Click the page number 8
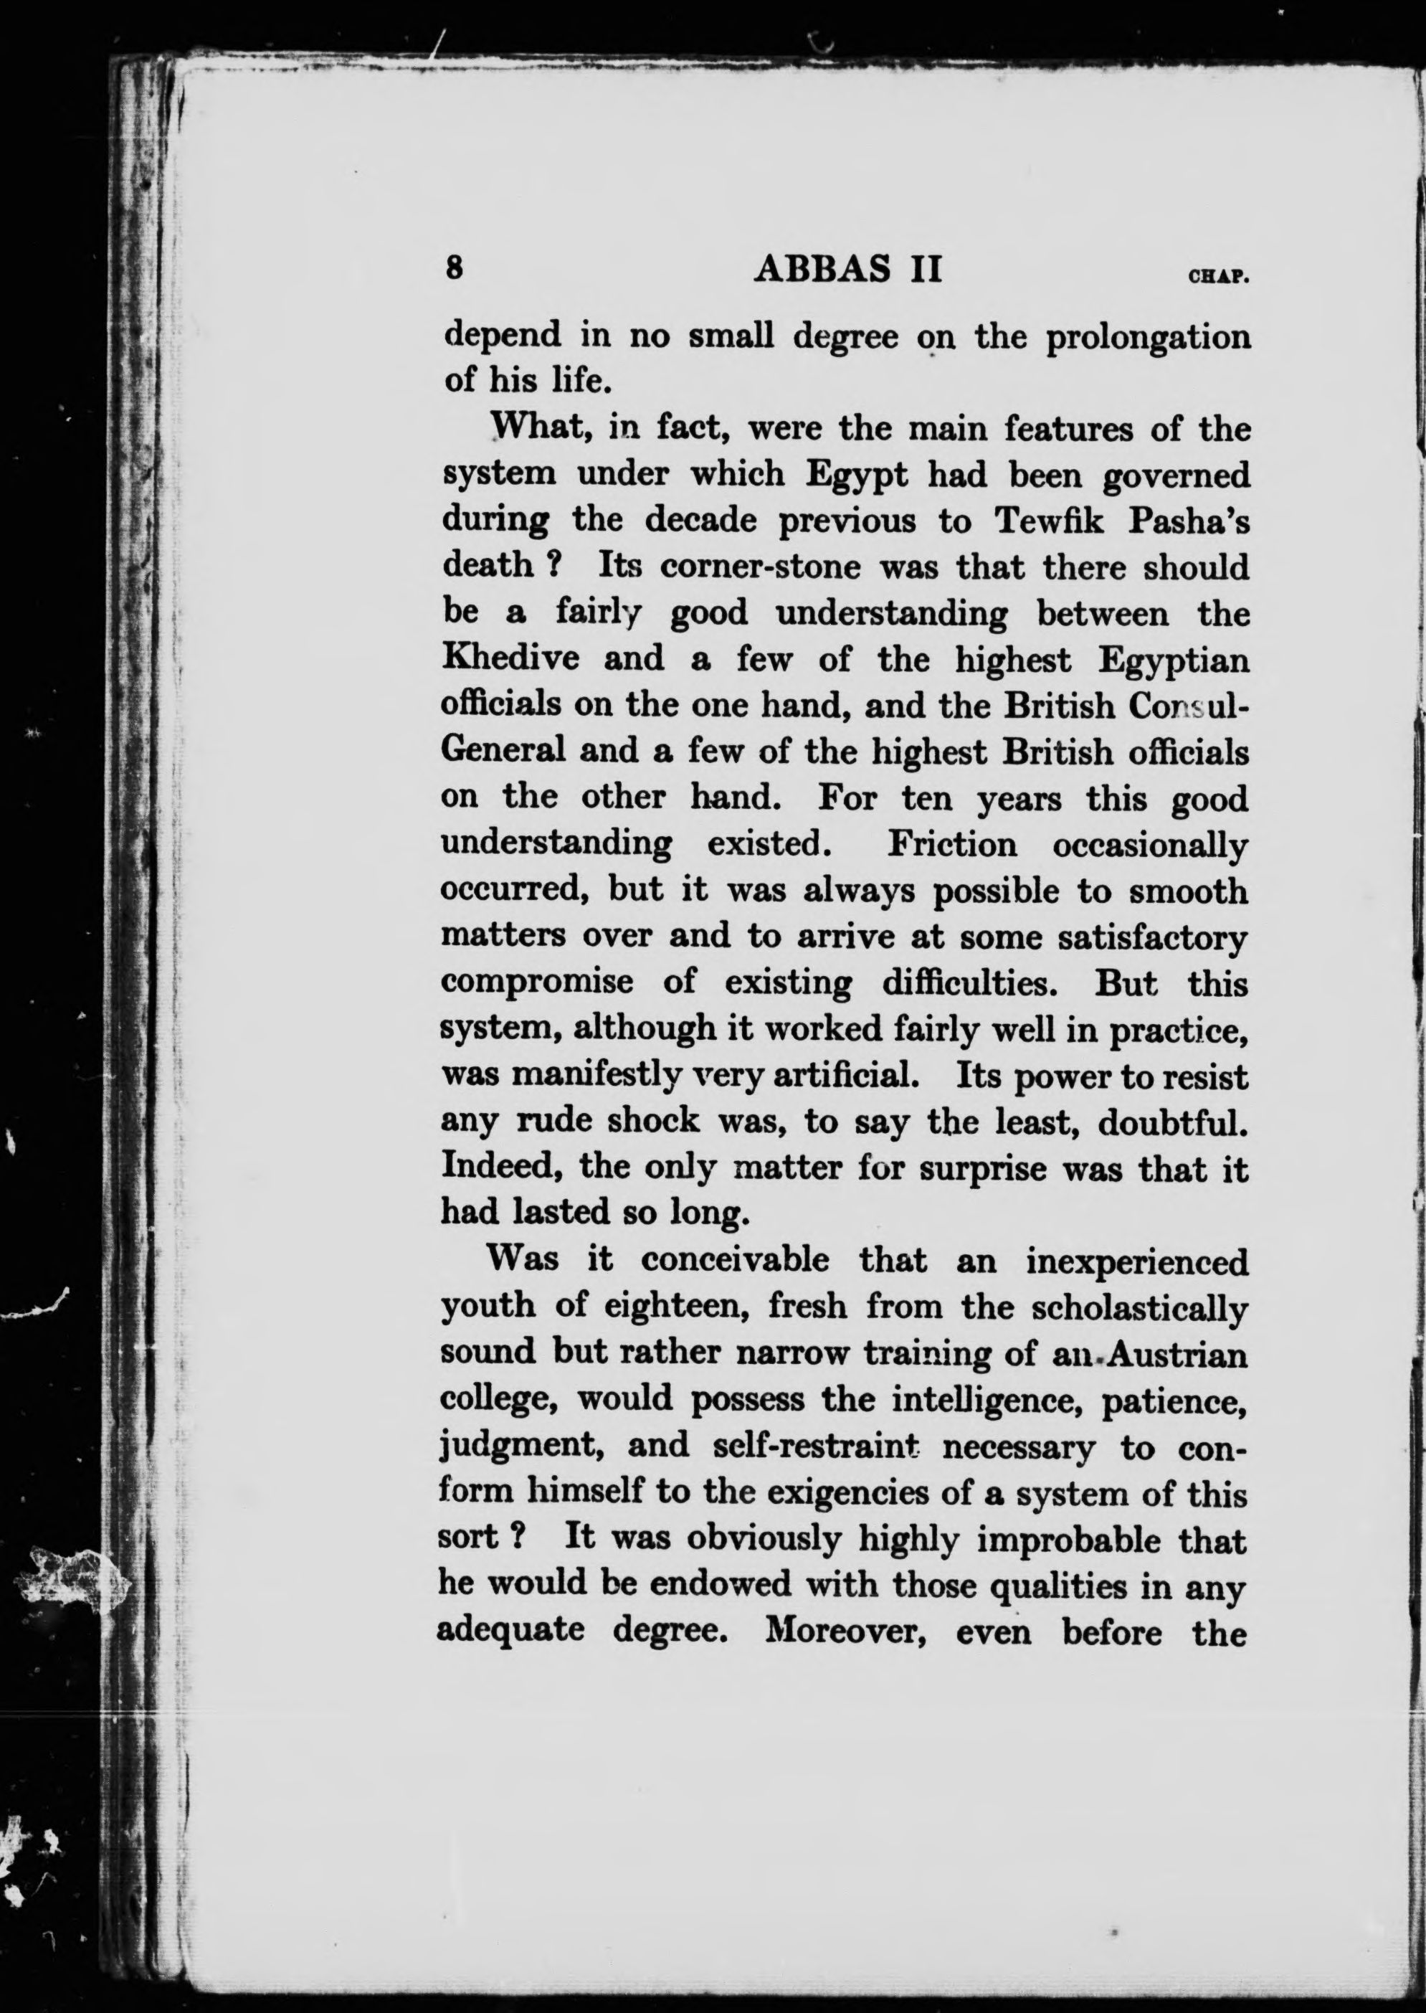pyautogui.click(x=454, y=268)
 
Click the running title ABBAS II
pyautogui.click(x=848, y=269)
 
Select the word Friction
pyautogui.click(x=953, y=845)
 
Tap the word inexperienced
pyautogui.click(x=1136, y=1262)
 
